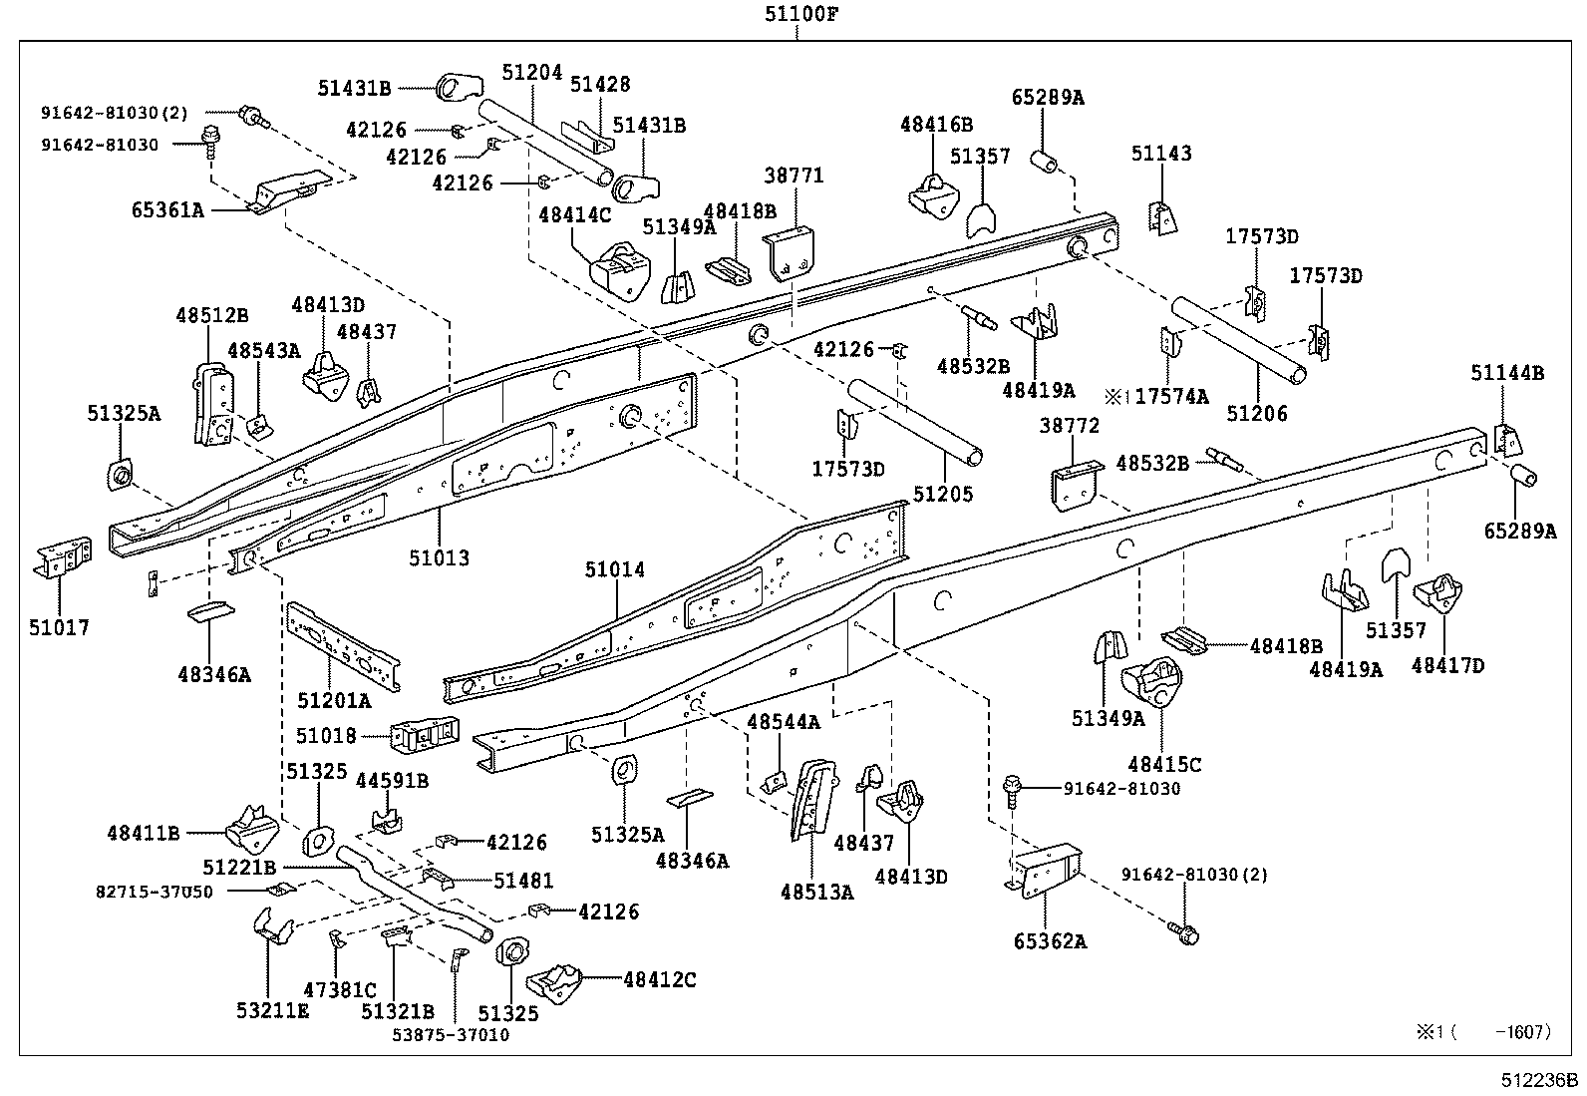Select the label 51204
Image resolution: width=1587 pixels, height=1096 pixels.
(531, 73)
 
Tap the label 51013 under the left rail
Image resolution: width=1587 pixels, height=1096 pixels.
(438, 557)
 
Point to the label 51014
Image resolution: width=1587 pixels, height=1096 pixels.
(614, 569)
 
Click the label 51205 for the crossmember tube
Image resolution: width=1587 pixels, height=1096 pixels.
(942, 494)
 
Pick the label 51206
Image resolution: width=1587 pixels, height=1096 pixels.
(1256, 413)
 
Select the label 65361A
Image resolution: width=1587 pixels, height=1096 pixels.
(166, 210)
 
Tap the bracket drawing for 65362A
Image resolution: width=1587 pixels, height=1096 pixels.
(1047, 870)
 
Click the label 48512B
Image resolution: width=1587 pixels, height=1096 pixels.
(212, 315)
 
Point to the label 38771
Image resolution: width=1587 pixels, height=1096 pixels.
(793, 176)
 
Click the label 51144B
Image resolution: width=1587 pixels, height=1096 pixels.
(1507, 373)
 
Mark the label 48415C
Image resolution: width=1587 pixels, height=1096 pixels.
(1164, 765)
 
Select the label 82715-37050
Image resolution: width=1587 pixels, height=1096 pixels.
(155, 892)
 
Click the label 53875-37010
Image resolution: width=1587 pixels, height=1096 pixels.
(450, 1034)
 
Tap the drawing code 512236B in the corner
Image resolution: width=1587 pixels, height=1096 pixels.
(1540, 1080)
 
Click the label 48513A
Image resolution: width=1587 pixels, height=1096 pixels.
(816, 893)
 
